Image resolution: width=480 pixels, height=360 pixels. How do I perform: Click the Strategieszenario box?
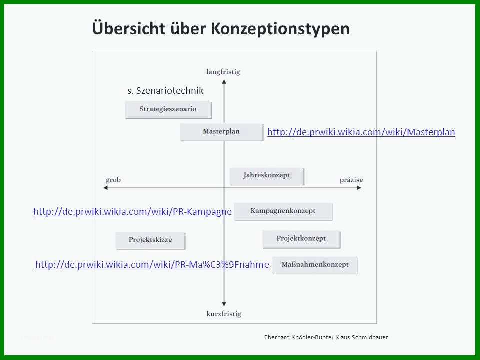point(168,110)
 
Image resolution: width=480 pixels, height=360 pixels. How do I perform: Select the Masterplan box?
point(221,132)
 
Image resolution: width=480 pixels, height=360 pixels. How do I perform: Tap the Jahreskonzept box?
point(267,176)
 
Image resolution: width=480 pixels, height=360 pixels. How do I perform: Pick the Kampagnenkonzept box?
point(283,211)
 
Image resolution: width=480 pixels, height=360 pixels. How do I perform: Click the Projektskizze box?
point(150,240)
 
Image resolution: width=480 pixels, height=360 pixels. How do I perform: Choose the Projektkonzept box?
point(301,239)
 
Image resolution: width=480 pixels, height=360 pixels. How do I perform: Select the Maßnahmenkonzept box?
point(315,265)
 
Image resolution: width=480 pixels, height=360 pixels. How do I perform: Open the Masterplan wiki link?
point(361,132)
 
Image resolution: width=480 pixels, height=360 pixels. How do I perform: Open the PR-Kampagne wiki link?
point(132,211)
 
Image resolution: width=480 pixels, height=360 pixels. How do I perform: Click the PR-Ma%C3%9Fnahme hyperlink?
point(152,264)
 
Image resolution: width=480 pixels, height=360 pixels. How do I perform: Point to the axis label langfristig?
point(223,72)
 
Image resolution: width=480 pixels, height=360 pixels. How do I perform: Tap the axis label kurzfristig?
point(224,314)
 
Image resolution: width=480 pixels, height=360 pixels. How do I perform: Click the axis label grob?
point(113,180)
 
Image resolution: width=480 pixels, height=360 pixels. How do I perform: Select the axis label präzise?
point(351,180)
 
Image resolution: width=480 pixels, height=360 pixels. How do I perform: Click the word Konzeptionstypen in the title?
point(280,29)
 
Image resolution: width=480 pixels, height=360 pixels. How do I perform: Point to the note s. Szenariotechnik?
point(165,91)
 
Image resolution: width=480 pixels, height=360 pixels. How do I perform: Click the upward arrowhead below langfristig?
point(224,81)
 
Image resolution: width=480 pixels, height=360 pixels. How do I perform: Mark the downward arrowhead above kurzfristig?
point(224,304)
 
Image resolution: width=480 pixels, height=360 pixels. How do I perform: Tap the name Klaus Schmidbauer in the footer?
point(362,337)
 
